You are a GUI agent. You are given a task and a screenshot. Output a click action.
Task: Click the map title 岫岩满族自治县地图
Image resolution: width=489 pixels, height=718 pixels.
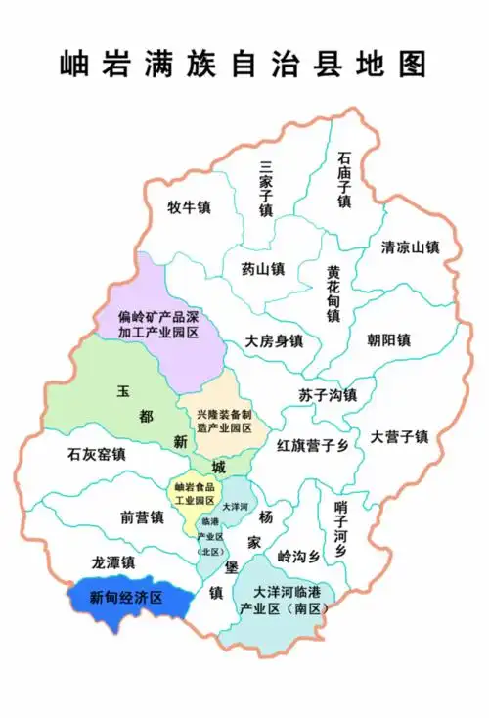pos(244,64)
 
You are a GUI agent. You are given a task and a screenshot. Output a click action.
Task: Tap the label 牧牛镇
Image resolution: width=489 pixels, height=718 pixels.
pos(189,207)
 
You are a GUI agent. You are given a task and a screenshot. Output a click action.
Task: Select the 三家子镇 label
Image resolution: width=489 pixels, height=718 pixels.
pos(264,189)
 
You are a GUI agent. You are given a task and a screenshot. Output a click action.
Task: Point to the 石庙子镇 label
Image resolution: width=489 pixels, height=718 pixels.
pos(343,179)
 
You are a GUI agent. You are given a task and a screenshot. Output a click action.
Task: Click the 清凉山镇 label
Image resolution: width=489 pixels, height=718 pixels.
pos(411,247)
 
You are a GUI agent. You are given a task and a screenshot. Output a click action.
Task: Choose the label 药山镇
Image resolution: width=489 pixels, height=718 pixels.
pos(261,268)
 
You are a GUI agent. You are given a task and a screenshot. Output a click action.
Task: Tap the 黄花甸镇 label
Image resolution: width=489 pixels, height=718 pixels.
pos(333,293)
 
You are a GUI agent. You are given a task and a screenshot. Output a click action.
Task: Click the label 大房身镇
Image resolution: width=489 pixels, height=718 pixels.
pos(273,341)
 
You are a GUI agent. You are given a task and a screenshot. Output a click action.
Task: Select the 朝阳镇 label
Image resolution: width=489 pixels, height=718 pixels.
pos(388,340)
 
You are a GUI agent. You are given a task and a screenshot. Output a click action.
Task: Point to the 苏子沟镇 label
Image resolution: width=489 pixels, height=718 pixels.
pos(328,395)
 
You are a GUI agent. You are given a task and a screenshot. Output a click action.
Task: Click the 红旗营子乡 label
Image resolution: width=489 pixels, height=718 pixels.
pos(312,446)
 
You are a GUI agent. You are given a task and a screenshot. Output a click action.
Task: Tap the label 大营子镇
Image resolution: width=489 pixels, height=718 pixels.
pos(399,436)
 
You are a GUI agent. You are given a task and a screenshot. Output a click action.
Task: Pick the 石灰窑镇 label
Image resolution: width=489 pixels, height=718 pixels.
pos(96,454)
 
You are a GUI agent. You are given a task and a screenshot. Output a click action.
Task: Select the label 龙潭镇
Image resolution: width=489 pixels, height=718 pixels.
pos(112,563)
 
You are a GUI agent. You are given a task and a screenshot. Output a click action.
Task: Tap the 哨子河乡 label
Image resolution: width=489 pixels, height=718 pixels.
pos(340,529)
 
